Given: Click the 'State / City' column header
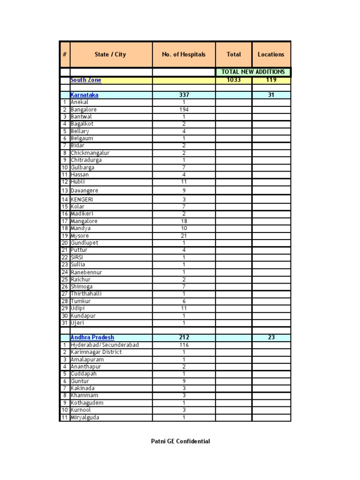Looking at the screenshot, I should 110,54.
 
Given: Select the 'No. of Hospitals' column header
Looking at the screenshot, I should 184,54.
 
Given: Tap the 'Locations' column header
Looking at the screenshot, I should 271,54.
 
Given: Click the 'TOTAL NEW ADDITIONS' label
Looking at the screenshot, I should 253,72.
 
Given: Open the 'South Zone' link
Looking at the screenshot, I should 86,80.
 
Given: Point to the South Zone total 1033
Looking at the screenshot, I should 233,80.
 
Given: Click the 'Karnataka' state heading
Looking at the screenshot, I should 84,95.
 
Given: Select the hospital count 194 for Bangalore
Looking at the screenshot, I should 184,110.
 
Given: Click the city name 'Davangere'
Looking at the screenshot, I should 85,191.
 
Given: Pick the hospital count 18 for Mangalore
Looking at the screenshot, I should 184,221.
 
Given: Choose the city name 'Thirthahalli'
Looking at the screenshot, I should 86,294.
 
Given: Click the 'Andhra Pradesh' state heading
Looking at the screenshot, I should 92,337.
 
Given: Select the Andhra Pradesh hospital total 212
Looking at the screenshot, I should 184,337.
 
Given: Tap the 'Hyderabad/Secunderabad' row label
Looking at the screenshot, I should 105,345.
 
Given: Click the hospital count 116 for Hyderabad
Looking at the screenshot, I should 184,345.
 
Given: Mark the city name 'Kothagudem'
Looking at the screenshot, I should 87,403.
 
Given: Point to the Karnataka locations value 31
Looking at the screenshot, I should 271,95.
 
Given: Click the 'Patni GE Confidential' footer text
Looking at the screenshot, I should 180,441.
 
